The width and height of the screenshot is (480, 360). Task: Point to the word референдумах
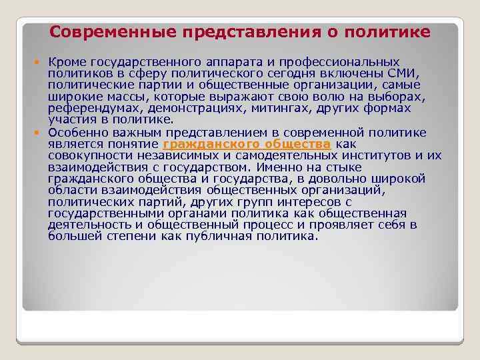point(95,108)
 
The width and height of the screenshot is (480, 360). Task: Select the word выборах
point(402,97)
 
